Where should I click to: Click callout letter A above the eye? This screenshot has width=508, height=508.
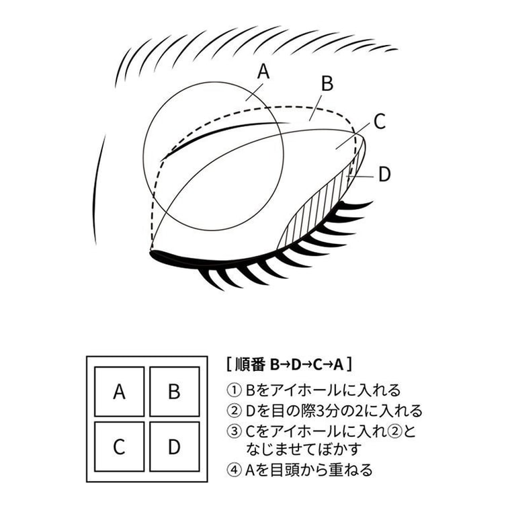pos(263,72)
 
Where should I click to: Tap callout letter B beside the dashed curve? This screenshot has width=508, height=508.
pos(327,83)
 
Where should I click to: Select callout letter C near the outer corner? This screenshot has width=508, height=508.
pos(380,122)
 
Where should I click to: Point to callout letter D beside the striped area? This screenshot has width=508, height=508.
pos(384,174)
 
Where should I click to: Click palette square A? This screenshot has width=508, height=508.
pos(119,392)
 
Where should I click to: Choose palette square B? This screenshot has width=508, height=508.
pos(174,392)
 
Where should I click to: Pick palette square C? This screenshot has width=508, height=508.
pos(119,447)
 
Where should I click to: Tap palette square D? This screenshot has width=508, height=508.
pos(174,447)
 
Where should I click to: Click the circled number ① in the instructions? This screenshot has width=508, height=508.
pos(235,390)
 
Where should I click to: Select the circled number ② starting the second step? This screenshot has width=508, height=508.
pos(235,411)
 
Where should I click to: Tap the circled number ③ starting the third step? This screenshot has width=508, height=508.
pos(235,431)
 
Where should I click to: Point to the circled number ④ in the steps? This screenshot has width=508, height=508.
pos(235,470)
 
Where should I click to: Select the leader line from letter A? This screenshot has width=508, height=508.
pos(254,91)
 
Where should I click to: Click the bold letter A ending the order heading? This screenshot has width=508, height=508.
pos(338,364)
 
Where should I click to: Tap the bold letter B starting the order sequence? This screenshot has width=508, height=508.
pos(274,364)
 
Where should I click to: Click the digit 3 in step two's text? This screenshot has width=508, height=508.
pos(319,411)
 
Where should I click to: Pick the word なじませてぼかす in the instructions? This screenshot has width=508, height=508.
pos(304,450)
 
